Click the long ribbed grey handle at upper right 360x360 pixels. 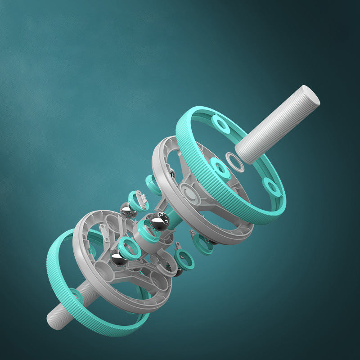pos(274,126)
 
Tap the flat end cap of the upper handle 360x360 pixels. pos(311,95)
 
